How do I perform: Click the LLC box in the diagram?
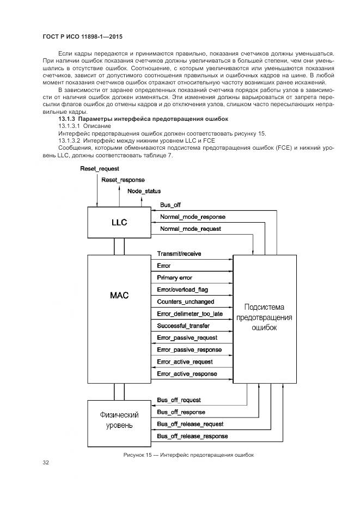click(x=119, y=223)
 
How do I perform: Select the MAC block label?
click(x=119, y=296)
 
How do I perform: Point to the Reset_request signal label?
click(x=100, y=169)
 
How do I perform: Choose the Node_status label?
click(x=144, y=191)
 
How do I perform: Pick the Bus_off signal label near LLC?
click(x=170, y=205)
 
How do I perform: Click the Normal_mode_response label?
click(x=192, y=217)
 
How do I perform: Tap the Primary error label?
click(x=174, y=278)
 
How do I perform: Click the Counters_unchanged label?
click(x=185, y=302)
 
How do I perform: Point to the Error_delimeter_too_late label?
click(x=190, y=314)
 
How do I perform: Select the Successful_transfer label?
click(x=183, y=326)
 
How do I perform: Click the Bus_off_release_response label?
click(x=192, y=436)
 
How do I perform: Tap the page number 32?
click(x=46, y=463)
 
